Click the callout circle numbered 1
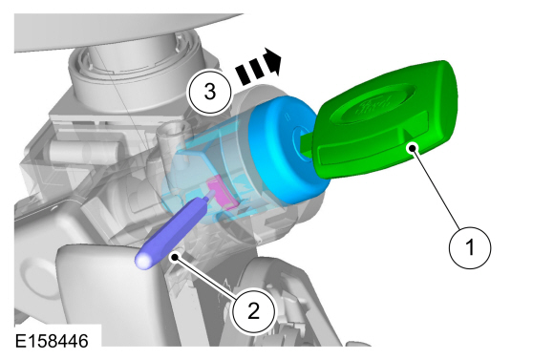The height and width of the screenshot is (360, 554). tap(470, 247)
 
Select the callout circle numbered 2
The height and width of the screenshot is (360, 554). tap(253, 311)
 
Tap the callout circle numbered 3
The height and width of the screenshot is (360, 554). tap(209, 92)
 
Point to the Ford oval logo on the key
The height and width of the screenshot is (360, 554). tap(377, 103)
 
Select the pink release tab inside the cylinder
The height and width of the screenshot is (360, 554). tap(222, 194)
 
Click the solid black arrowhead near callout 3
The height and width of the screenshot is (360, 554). tap(273, 61)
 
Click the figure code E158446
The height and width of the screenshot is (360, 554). tap(52, 341)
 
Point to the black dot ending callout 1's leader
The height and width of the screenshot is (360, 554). tap(413, 148)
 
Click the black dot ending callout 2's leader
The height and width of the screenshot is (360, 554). tap(175, 258)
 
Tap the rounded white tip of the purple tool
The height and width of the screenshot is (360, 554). tap(143, 262)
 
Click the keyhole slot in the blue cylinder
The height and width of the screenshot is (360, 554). tap(300, 140)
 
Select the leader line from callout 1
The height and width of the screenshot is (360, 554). tap(436, 188)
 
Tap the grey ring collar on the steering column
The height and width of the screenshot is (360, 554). tap(136, 64)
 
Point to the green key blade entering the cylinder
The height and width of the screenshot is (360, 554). tap(307, 144)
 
